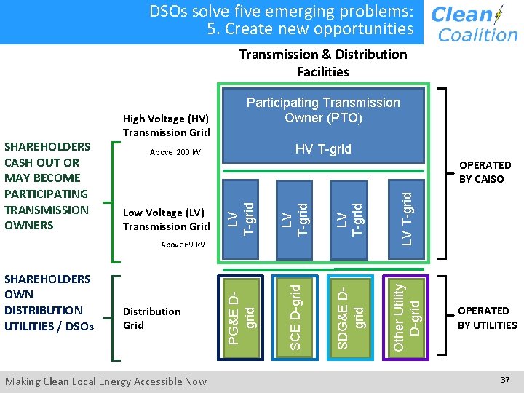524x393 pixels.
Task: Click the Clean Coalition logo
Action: (474, 23)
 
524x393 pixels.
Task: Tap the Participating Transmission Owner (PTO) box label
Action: (323, 110)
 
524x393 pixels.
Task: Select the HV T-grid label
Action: (323, 149)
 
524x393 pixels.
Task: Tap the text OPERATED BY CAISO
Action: (485, 172)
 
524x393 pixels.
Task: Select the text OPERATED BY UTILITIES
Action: (487, 318)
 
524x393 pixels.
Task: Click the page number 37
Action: (505, 380)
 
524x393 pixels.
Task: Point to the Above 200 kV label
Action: (175, 153)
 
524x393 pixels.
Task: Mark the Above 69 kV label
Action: (183, 245)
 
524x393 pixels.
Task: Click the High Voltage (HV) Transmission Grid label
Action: (166, 125)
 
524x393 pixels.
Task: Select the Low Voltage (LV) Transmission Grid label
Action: (166, 219)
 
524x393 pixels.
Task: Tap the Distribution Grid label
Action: (151, 318)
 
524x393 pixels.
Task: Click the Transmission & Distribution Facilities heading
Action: (323, 63)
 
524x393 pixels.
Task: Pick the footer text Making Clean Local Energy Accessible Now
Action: (106, 381)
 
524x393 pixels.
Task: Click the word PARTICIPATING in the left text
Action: (46, 194)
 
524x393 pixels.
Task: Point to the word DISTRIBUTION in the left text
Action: (43, 310)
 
